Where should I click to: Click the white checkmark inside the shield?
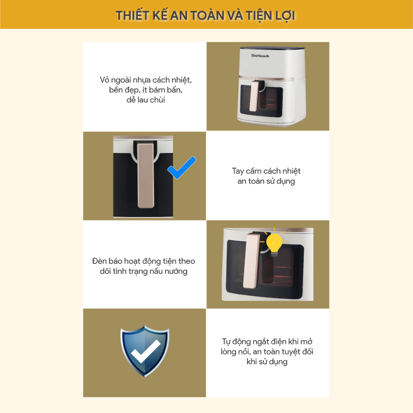146,351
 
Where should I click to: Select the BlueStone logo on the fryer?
260,56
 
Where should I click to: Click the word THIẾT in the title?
133,16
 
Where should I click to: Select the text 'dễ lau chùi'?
146,100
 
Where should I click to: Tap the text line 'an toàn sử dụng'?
266,181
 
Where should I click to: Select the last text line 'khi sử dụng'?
267,362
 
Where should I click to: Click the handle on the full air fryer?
255,96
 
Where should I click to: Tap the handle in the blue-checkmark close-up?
146,175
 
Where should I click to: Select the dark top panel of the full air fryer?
272,49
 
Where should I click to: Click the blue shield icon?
145,351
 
